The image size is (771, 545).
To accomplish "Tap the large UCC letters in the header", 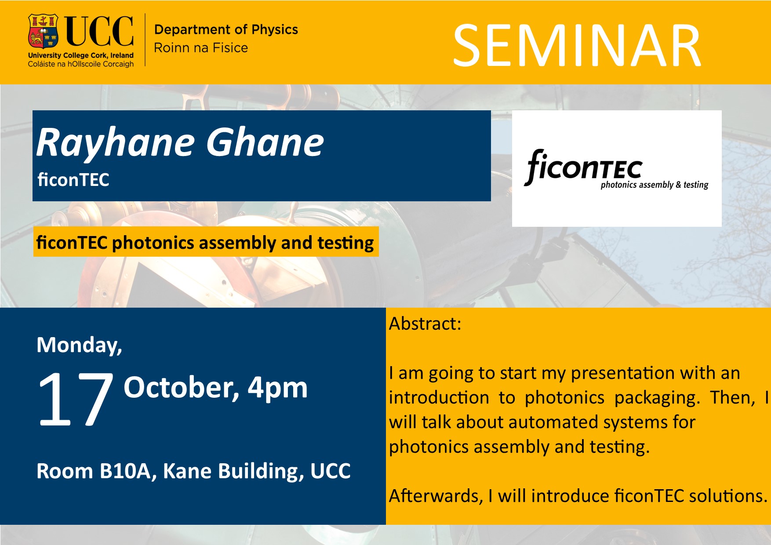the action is [x=99, y=31].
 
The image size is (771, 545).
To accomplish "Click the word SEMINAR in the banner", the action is [x=577, y=46].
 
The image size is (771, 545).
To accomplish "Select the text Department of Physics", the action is [x=226, y=29].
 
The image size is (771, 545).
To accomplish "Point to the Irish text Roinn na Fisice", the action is [x=201, y=47].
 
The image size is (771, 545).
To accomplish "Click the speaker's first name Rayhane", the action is [x=116, y=143].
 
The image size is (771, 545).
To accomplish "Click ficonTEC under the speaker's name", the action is [x=73, y=180].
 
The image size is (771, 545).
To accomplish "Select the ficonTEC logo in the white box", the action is [x=616, y=169].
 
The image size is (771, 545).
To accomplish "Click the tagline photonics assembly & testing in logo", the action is [x=655, y=185].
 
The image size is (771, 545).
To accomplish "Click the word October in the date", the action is [x=182, y=388].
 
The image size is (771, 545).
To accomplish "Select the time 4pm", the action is [x=277, y=389].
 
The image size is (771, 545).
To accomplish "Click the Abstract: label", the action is [x=425, y=324].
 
